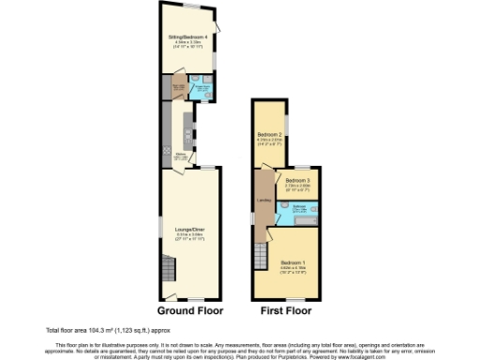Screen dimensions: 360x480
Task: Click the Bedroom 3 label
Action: click(298, 180)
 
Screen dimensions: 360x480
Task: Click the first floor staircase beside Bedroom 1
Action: click(262, 251)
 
